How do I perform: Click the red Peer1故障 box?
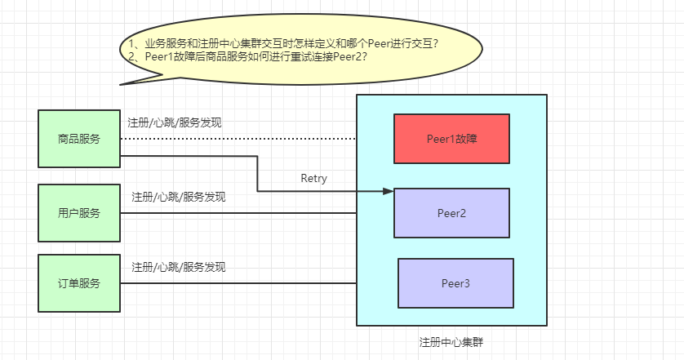(451, 139)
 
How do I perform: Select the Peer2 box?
(451, 213)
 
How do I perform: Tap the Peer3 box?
(455, 283)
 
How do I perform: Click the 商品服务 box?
(79, 139)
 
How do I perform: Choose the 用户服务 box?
(79, 213)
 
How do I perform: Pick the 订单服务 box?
(79, 283)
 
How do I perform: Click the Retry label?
(313, 179)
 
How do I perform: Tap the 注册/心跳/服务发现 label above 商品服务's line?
(175, 123)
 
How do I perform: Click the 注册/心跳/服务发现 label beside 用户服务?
(179, 198)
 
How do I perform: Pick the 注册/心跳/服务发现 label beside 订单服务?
(179, 267)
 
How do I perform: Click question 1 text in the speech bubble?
(278, 43)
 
